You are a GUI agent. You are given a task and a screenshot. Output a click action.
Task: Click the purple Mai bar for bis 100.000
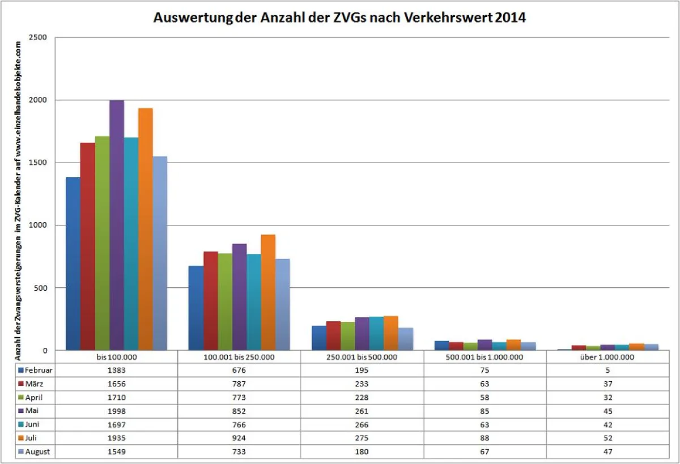tap(117, 227)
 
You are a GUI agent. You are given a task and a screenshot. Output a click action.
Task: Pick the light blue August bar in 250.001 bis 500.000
tap(405, 339)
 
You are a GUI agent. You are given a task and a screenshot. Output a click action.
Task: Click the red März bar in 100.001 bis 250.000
tap(211, 301)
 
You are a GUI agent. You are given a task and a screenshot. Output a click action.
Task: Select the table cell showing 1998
tap(116, 411)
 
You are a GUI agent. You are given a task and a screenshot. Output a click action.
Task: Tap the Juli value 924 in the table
tap(239, 438)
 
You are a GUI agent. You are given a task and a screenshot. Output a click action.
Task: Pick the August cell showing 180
tap(362, 452)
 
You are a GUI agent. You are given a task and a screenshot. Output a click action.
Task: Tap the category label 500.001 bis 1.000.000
tap(485, 357)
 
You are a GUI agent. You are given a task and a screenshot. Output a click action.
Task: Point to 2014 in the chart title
tap(510, 18)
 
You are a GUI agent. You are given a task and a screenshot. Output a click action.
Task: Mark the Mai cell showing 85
tap(485, 411)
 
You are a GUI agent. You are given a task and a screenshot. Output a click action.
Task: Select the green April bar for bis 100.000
tap(102, 244)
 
